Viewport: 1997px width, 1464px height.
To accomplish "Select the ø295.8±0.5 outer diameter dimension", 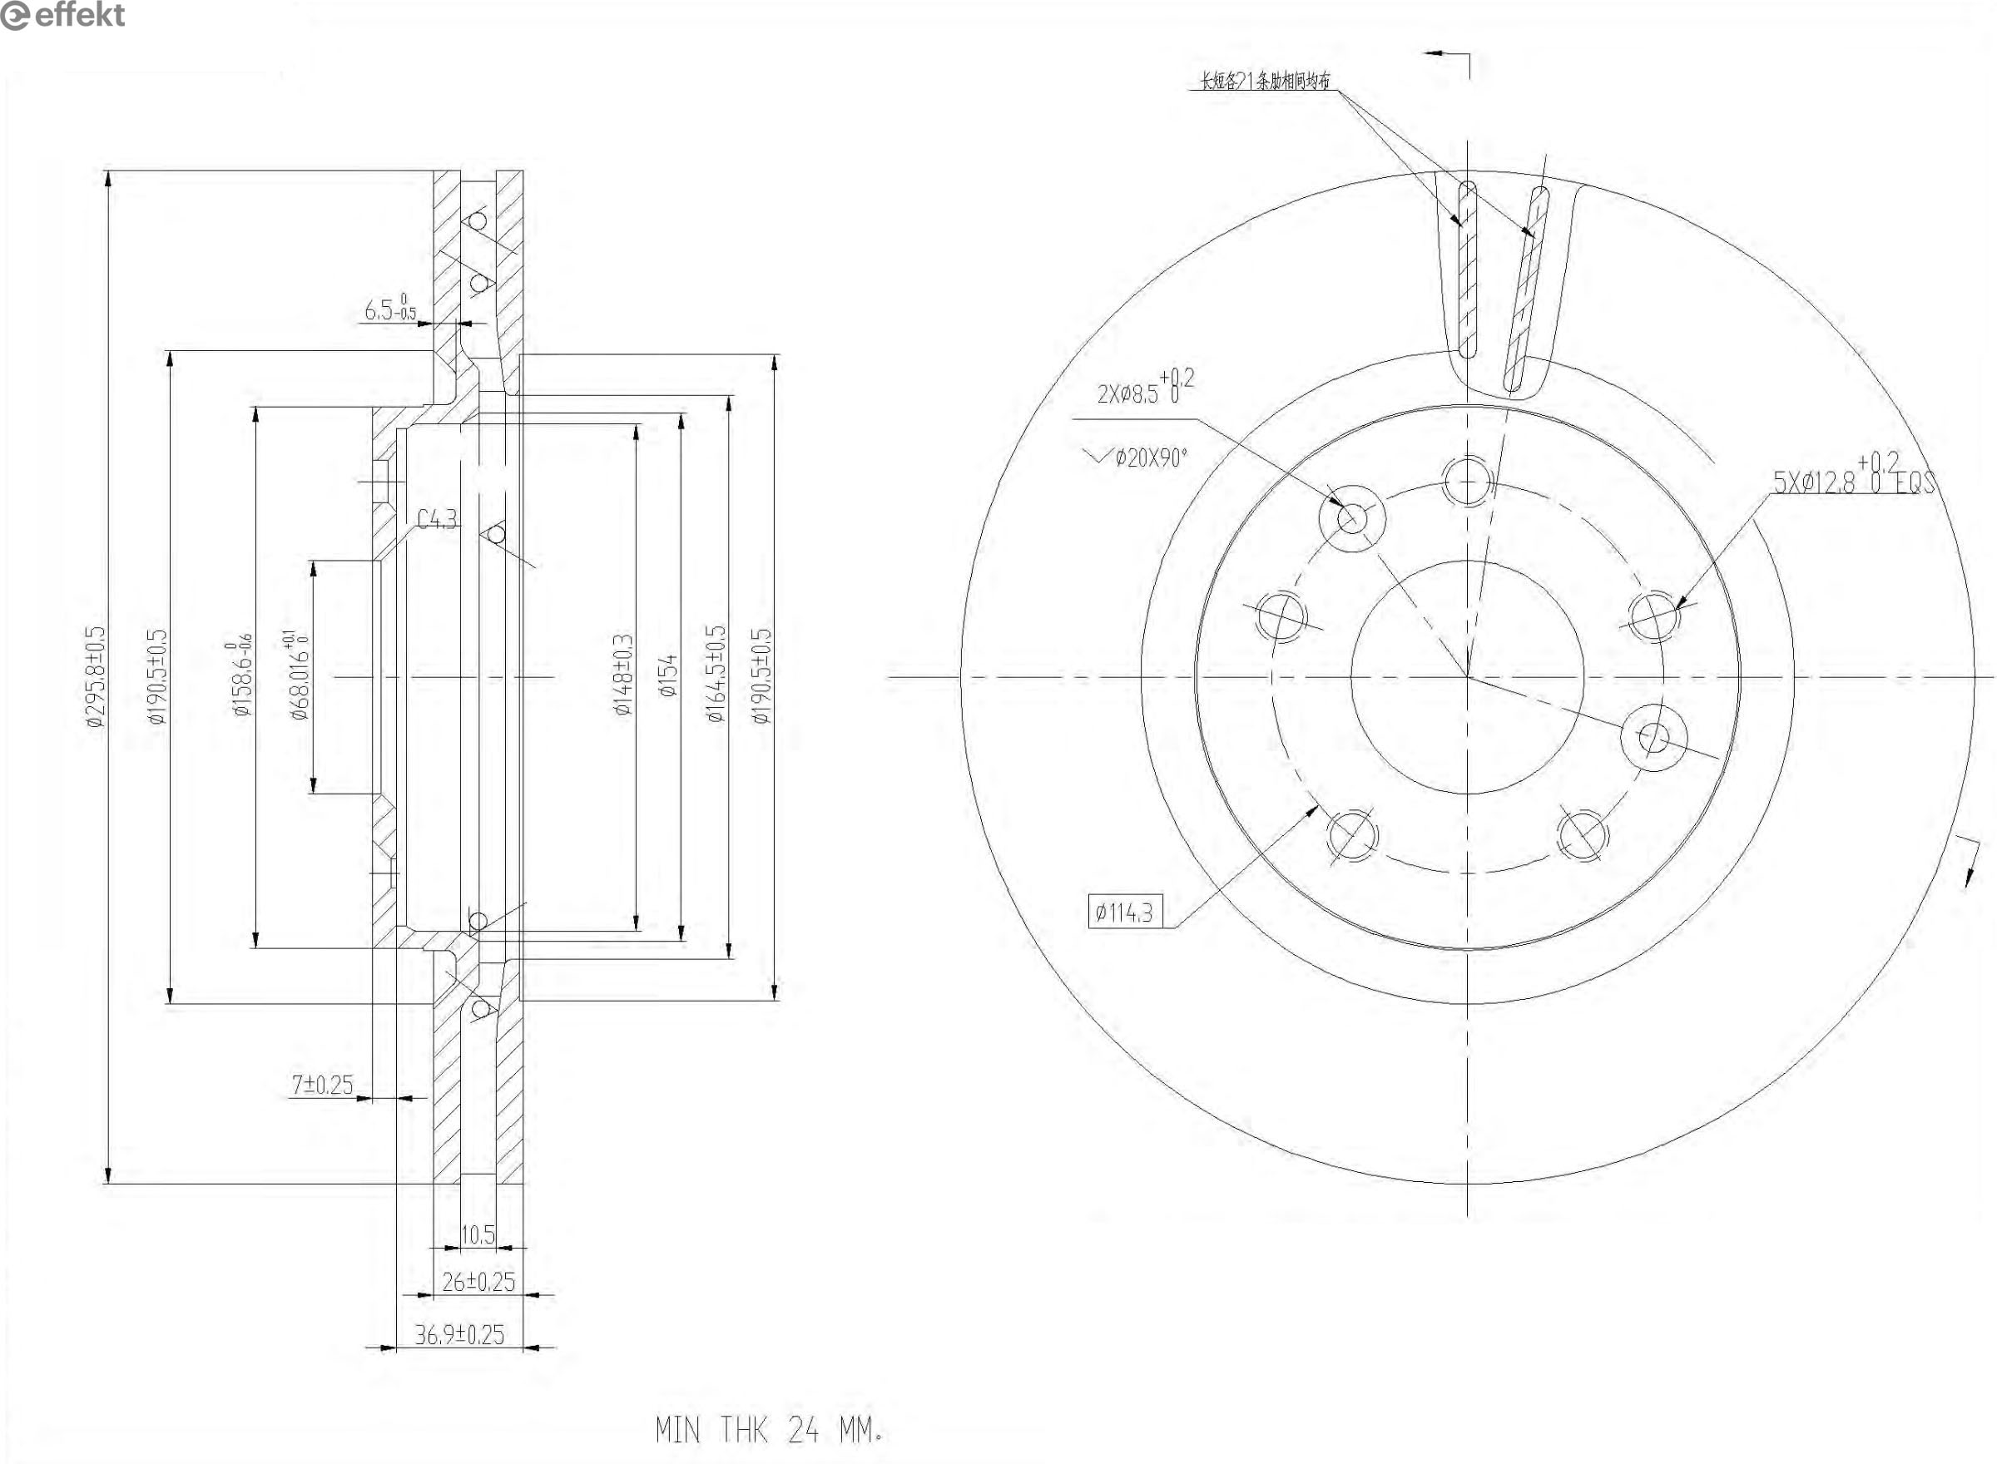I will point(96,677).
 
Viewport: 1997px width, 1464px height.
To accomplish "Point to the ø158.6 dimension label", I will point(241,675).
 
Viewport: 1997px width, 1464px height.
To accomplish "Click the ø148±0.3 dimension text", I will point(624,675).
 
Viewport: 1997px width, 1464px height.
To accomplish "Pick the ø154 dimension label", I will point(669,675).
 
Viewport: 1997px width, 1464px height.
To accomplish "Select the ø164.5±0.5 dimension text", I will point(716,675).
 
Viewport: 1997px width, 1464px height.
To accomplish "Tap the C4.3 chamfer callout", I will point(437,519).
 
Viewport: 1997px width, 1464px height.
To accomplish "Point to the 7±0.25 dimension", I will point(323,1085).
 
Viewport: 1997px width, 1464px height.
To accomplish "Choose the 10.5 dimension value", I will point(478,1234).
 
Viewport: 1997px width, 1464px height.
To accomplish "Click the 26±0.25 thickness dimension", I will point(478,1282).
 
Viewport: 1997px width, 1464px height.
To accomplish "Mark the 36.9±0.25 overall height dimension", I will point(459,1334).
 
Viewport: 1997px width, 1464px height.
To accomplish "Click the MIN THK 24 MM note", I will point(769,1429).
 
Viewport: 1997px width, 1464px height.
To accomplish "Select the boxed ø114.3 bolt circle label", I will point(1124,913).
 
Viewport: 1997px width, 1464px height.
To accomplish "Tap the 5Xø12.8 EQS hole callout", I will point(1852,479).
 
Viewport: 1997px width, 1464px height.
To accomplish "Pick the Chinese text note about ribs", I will point(1265,82).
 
